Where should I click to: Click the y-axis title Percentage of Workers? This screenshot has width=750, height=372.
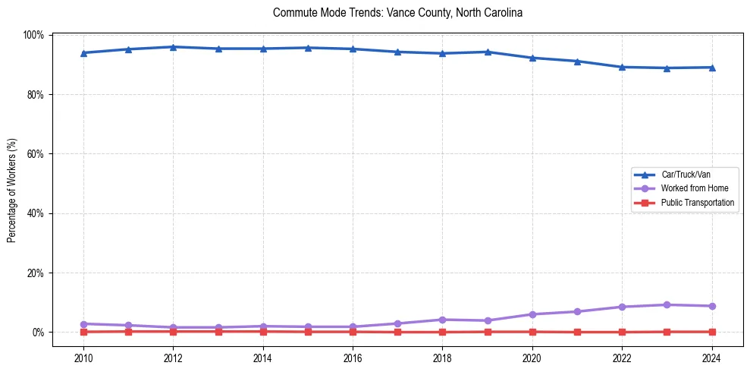point(11,190)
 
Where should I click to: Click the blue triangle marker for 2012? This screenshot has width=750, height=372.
point(173,47)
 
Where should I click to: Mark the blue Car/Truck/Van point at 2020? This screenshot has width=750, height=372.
point(532,58)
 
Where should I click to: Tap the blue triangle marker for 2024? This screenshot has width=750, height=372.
point(712,68)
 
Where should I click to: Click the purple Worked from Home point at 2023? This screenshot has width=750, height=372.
point(667,304)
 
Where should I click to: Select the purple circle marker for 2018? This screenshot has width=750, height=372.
point(443,320)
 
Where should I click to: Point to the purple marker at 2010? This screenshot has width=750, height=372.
point(83,324)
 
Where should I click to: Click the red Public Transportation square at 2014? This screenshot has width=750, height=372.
point(263,331)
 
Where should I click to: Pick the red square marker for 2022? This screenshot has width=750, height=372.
point(623,332)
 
